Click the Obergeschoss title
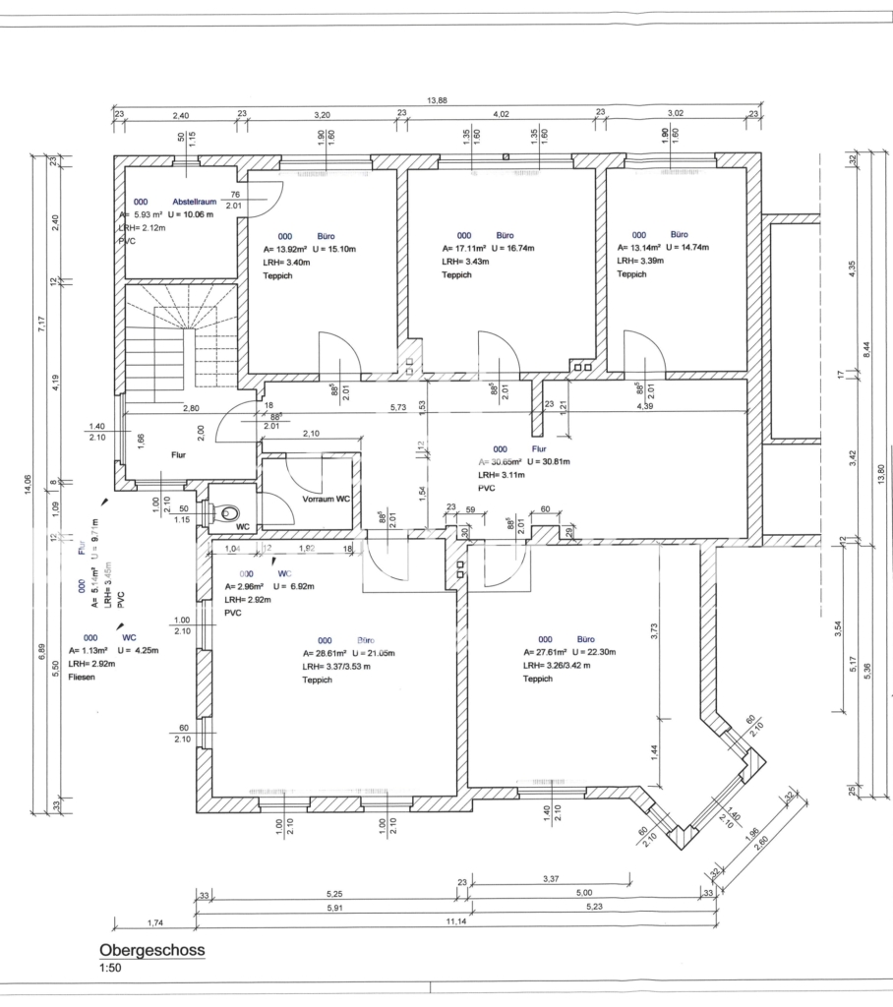(151, 954)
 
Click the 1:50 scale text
(111, 972)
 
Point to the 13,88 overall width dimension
(437, 100)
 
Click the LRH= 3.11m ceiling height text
(501, 474)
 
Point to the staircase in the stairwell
(182, 334)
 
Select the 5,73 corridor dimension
(397, 407)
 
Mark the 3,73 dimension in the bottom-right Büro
(654, 629)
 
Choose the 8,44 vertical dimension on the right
(865, 349)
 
